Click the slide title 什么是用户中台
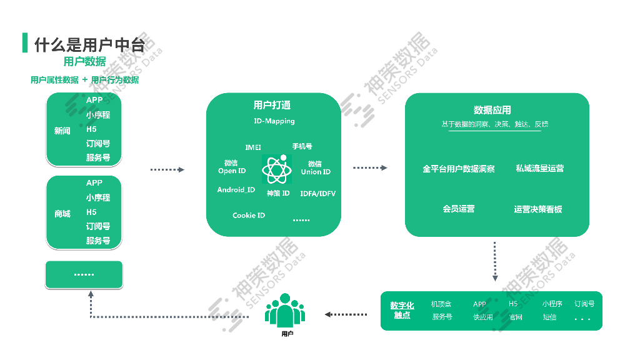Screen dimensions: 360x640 pos(89,44)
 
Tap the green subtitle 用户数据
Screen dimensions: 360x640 pos(84,61)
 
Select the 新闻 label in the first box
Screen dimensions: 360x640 pos(62,131)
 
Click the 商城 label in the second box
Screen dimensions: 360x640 pos(62,214)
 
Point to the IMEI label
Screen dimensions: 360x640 pos(253,147)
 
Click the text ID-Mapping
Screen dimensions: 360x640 pos(274,121)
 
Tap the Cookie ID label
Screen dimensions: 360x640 pos(249,215)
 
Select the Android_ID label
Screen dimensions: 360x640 pos(236,190)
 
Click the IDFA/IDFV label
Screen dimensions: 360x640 pos(317,194)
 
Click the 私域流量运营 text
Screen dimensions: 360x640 pos(539,168)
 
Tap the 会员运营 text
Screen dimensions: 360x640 pos(459,209)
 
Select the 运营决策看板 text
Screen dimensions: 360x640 pos(538,209)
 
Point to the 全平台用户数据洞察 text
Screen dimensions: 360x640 pos(459,169)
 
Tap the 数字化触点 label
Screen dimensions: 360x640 pos(402,310)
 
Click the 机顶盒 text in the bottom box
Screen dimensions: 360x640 pos(441,304)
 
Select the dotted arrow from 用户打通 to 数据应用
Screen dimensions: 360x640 pos(370,168)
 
